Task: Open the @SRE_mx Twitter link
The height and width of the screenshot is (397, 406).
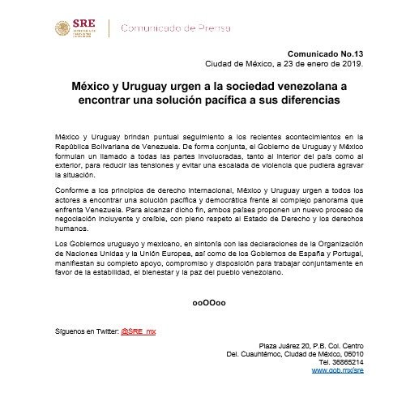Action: pos(142,331)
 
